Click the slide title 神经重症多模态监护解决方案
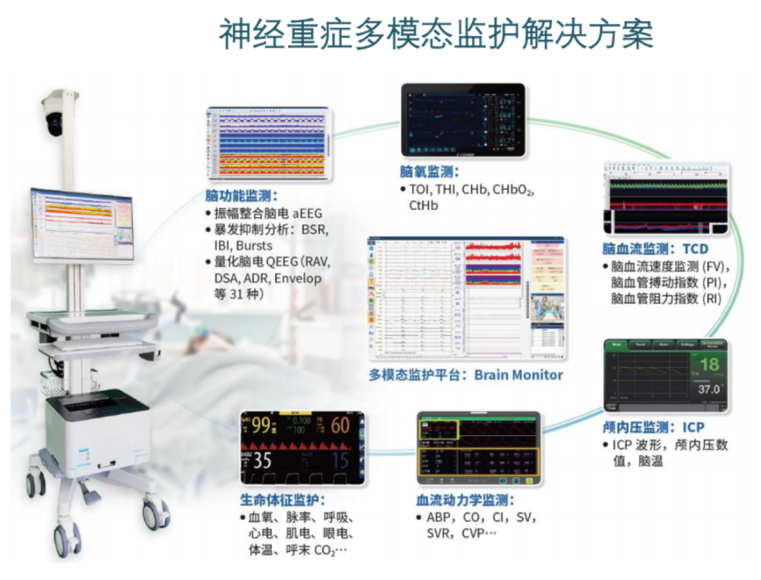(436, 33)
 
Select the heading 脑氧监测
(429, 172)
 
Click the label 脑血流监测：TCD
(655, 249)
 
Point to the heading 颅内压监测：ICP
(653, 428)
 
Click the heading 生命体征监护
(283, 500)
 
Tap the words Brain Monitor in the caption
(519, 375)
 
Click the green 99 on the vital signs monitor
(262, 426)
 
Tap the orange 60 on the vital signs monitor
(340, 425)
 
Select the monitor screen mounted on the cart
(81, 224)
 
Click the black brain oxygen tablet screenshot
(463, 120)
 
